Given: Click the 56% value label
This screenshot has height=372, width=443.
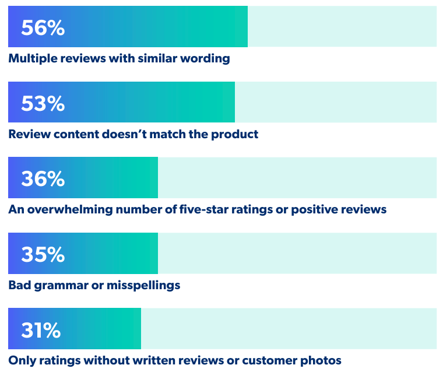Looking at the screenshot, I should click(x=43, y=27).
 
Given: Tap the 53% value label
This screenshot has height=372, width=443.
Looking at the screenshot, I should click(x=43, y=103).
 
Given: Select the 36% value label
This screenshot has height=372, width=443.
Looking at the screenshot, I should click(x=43, y=179).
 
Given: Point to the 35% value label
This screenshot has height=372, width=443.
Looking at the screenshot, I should click(x=43, y=255).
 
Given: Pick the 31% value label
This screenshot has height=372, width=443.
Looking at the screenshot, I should click(x=41, y=331).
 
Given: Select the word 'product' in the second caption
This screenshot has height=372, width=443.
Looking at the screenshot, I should click(x=235, y=134).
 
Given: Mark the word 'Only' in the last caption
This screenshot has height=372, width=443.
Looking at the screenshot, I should click(x=21, y=361).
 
